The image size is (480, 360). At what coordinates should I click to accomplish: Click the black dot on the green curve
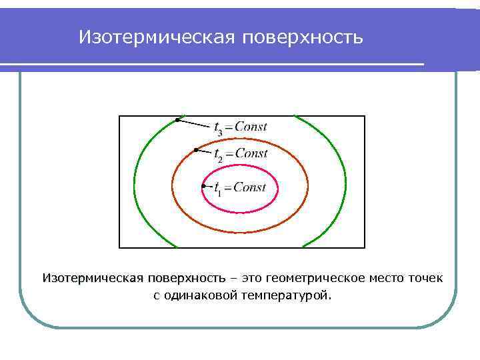[x=177, y=119]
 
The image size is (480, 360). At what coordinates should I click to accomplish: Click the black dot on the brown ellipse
[x=195, y=150]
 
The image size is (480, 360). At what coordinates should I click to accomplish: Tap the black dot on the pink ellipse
[x=203, y=186]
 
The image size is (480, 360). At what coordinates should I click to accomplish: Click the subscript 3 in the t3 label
[x=220, y=132]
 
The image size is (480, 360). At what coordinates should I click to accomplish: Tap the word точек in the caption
[x=425, y=277]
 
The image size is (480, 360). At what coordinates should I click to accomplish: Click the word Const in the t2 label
[x=251, y=153]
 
